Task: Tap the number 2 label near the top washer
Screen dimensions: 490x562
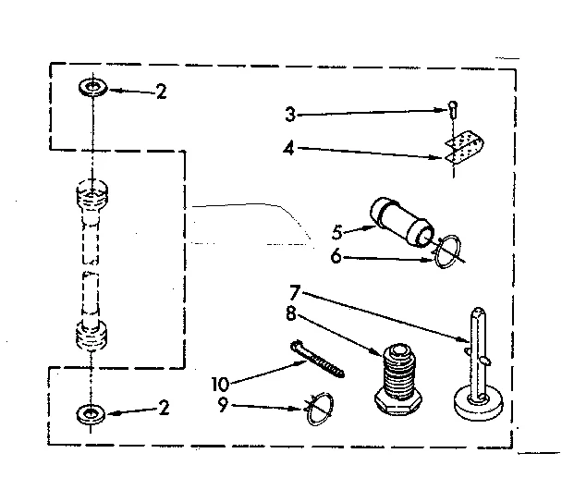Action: (x=161, y=92)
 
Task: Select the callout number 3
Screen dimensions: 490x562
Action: (x=289, y=115)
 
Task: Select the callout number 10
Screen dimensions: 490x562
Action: (x=219, y=382)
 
